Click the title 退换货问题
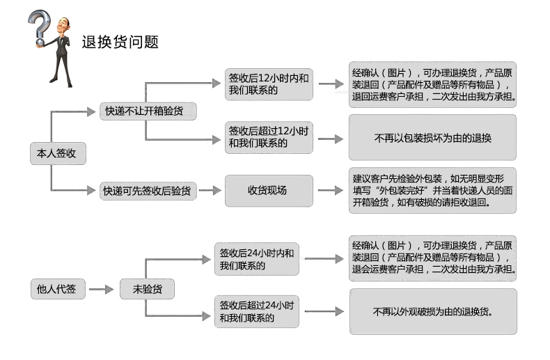tap(120, 42)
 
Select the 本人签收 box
tap(58, 153)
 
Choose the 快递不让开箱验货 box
tap(148, 111)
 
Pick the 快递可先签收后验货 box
tap(148, 191)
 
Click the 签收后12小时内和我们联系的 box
tap(269, 84)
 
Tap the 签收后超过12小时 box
tap(269, 137)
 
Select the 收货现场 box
tap(269, 191)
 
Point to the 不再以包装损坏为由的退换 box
tap(432, 137)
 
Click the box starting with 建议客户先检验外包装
tap(432, 191)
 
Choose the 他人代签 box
tap(58, 289)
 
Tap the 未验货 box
tap(147, 289)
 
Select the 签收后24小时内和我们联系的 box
tap(257, 259)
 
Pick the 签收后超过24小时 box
tap(257, 311)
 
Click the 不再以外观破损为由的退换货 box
tap(433, 311)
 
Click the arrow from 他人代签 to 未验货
tap(102, 290)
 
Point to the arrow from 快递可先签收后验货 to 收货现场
tap(210, 191)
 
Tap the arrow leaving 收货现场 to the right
tap(331, 191)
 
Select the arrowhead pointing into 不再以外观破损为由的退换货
tap(339, 311)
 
